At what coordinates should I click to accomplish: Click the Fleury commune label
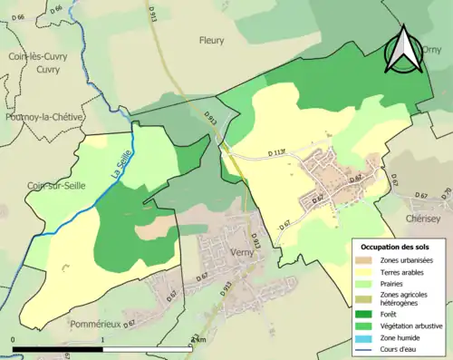point(211,40)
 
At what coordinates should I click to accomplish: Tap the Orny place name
point(432,52)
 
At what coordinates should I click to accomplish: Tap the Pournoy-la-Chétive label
point(43,117)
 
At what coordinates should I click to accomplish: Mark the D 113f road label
point(284,154)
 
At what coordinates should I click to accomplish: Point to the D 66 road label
point(54,10)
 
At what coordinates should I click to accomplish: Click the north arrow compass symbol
point(404,51)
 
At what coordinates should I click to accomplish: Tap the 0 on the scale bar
point(13,340)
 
